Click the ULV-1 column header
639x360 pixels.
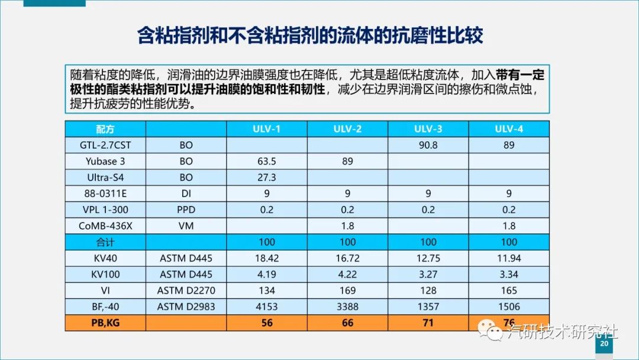coord(266,129)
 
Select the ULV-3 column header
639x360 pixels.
coord(428,129)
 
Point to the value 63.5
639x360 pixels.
coord(266,161)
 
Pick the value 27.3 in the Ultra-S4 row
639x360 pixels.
coord(266,177)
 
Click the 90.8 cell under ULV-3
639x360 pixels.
coord(428,145)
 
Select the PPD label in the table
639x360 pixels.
coord(186,210)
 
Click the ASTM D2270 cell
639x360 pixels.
coord(186,290)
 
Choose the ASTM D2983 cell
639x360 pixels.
coord(186,306)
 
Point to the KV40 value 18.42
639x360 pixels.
coord(266,258)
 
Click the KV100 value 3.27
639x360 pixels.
coord(428,274)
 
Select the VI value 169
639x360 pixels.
coord(347,290)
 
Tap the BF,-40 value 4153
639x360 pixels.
coord(266,306)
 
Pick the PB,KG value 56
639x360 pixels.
coord(266,323)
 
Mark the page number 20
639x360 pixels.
coord(604,343)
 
